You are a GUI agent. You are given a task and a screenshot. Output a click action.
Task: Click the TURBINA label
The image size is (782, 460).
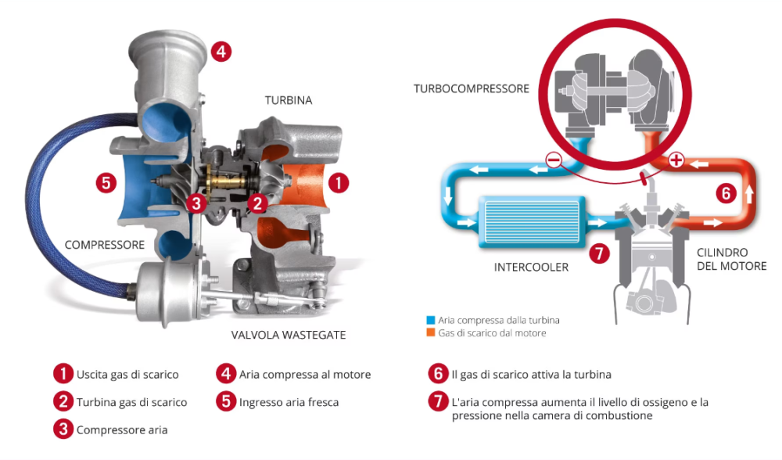click(288, 100)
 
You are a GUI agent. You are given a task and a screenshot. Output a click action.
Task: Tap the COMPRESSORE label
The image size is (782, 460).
click(105, 245)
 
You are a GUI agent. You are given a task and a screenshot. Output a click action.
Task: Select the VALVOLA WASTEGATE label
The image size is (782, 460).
click(288, 335)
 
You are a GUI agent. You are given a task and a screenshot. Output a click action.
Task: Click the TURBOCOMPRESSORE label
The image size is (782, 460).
click(472, 88)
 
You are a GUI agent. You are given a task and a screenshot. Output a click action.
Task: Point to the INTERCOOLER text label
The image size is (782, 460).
click(531, 268)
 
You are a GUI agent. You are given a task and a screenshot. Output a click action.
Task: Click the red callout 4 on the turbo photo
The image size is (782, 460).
click(221, 52)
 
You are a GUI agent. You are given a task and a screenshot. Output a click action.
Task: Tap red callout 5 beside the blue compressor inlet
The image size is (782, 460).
click(106, 182)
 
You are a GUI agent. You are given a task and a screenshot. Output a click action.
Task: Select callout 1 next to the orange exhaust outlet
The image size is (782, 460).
click(338, 182)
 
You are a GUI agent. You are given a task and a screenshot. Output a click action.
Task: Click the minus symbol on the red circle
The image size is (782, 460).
click(554, 161)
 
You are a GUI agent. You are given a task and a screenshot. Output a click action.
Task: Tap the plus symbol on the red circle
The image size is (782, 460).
click(677, 161)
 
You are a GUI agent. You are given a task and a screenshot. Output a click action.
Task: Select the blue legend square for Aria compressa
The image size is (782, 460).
click(429, 321)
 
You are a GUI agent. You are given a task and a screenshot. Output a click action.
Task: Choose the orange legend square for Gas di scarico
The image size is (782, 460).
click(429, 333)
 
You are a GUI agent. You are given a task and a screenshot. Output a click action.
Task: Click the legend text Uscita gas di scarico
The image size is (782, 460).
click(127, 374)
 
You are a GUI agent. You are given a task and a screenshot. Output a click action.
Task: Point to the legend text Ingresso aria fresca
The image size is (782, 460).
click(289, 402)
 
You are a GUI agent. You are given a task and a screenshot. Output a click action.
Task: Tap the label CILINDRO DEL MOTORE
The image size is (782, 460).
click(730, 260)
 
